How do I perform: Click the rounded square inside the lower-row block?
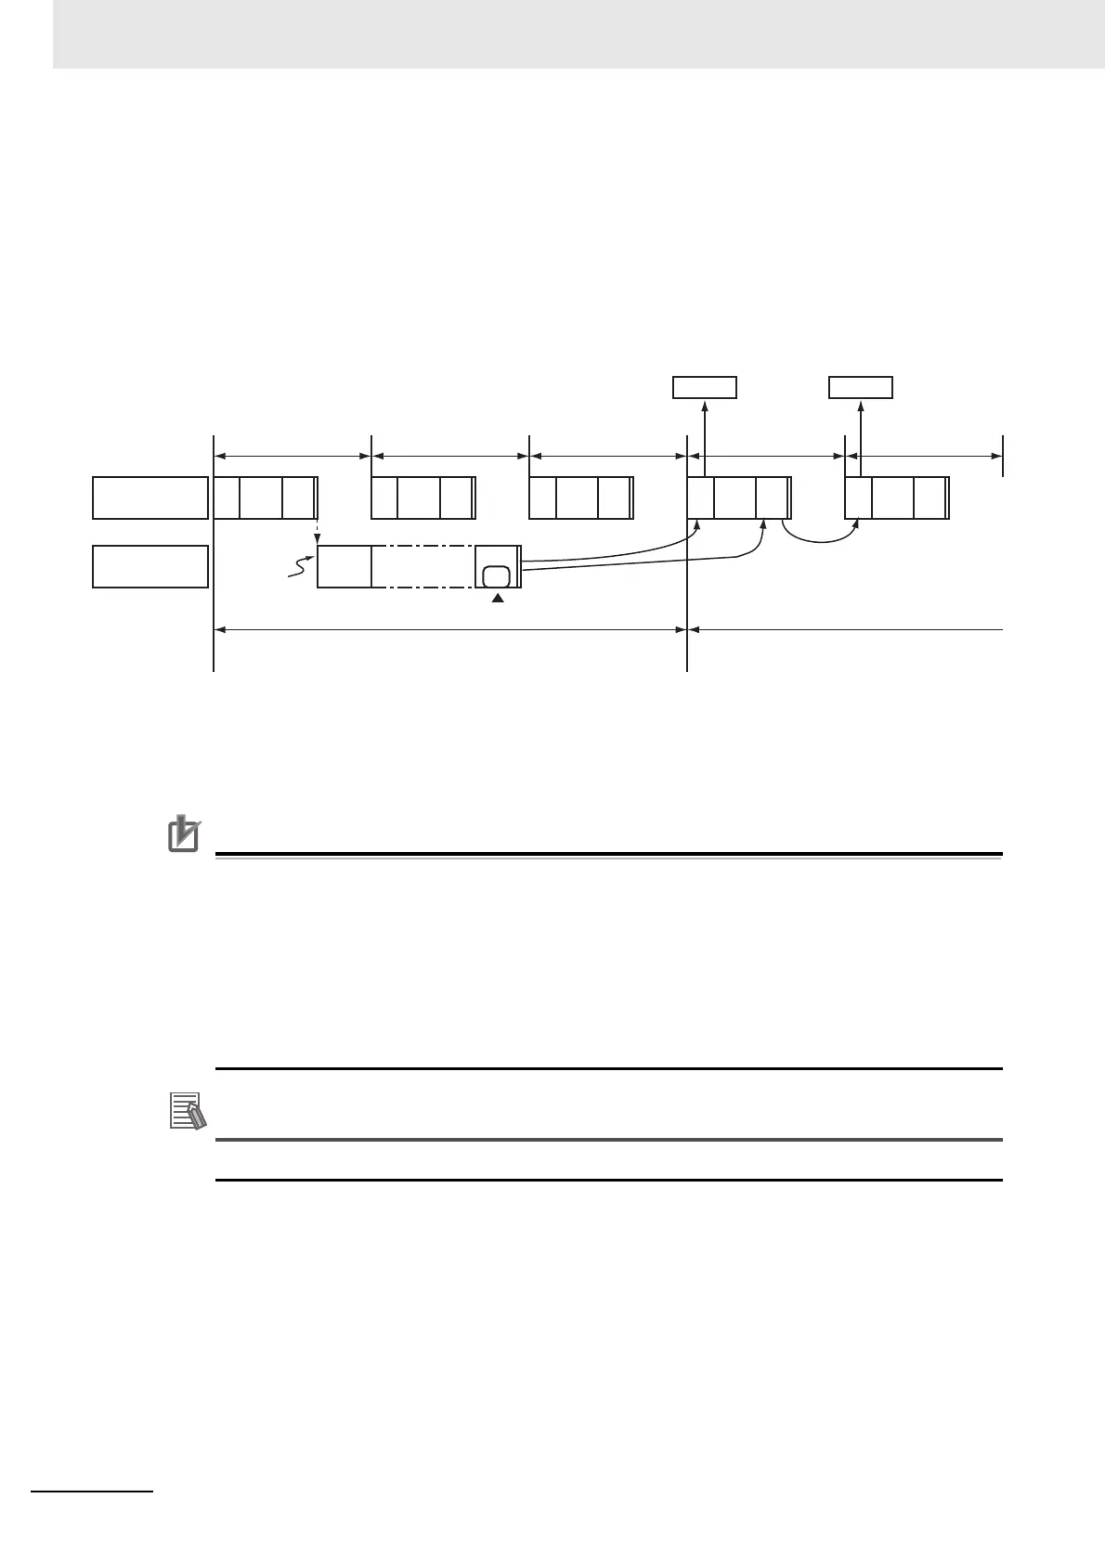(x=497, y=575)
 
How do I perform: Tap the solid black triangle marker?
(x=498, y=599)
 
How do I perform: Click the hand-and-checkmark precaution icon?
(x=184, y=833)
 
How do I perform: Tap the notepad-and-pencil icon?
(x=184, y=1111)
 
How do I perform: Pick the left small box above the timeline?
(x=705, y=387)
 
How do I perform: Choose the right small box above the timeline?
(x=861, y=387)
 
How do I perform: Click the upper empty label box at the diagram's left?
(x=150, y=497)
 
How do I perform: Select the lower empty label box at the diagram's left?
(x=150, y=566)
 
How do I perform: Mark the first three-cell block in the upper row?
(x=266, y=497)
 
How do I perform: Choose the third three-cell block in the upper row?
(x=580, y=497)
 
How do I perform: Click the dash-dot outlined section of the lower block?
(x=422, y=566)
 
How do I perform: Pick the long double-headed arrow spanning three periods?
(x=450, y=629)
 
